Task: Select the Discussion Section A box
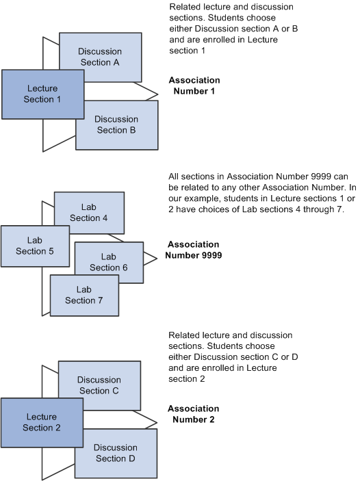[x=100, y=56]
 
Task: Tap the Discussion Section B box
[x=116, y=125]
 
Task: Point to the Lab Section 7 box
[x=84, y=294]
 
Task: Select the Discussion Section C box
[x=100, y=385]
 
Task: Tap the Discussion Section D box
[x=116, y=453]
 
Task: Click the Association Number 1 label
[x=194, y=86]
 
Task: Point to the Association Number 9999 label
[x=194, y=250]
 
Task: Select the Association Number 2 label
[x=194, y=414]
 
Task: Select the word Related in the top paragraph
[x=185, y=7]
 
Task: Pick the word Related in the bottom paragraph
[x=185, y=335]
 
